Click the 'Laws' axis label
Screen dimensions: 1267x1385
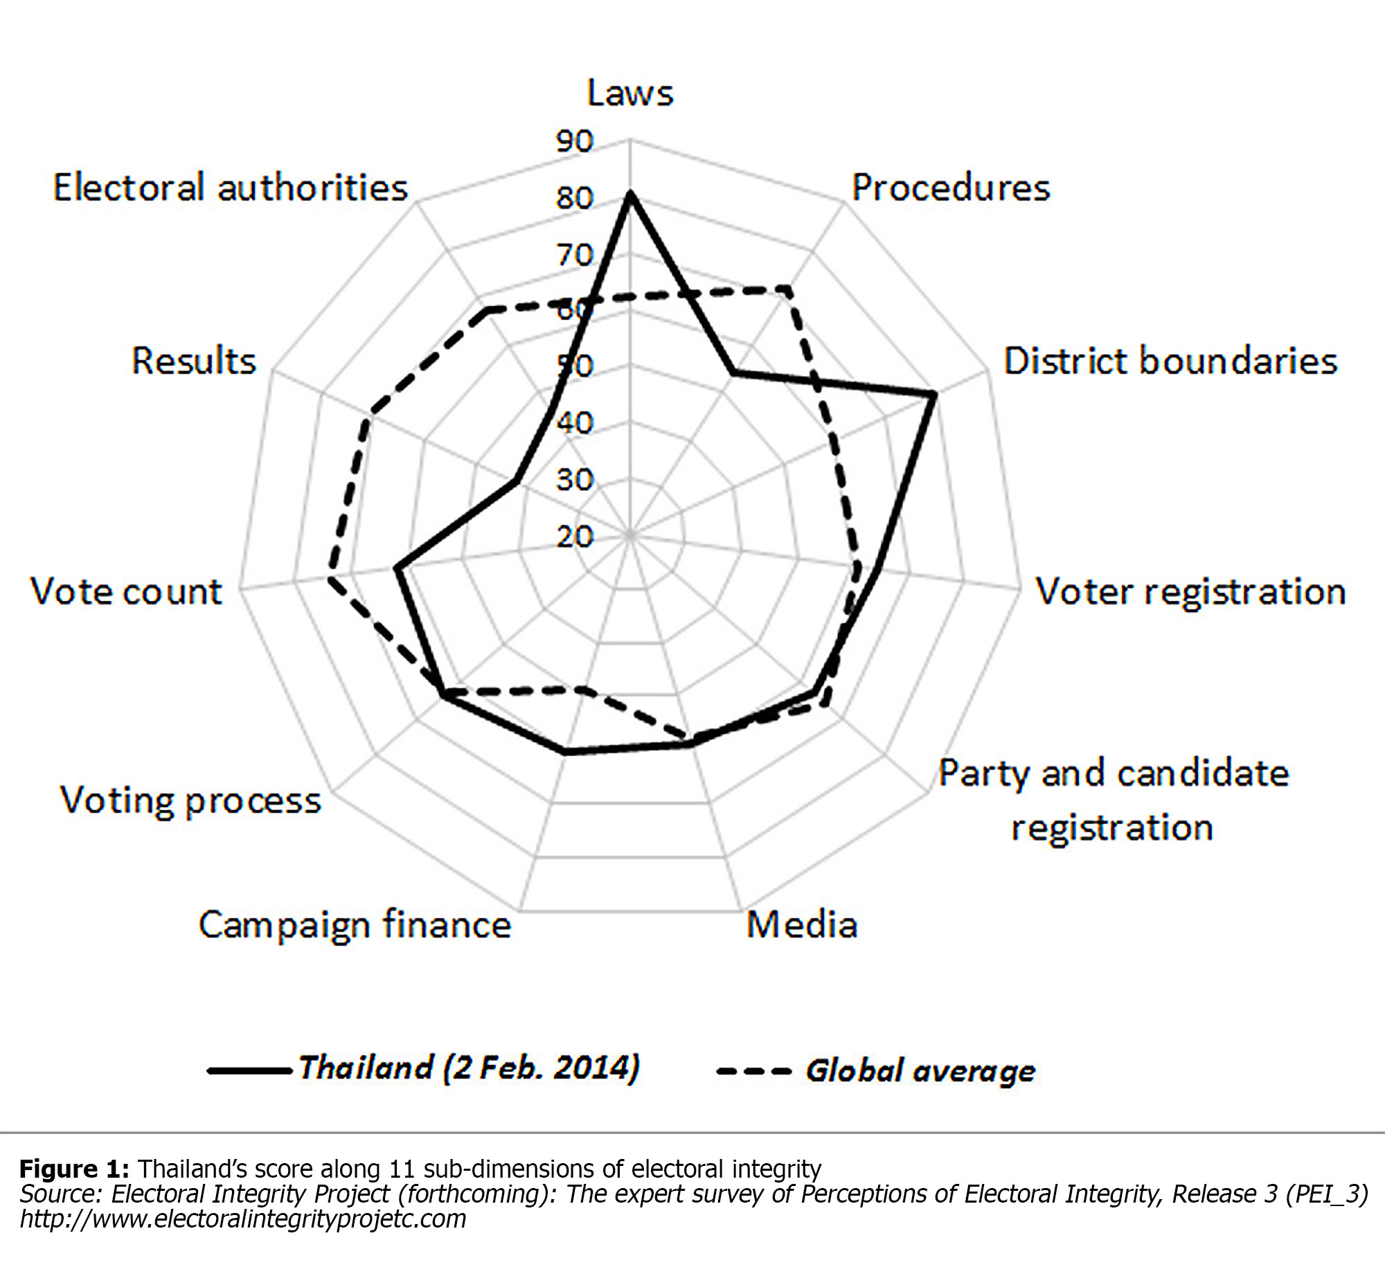tap(629, 93)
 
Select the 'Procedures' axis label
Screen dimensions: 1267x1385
tap(950, 188)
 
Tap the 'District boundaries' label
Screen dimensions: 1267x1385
tap(1170, 361)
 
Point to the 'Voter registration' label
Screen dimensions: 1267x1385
tap(1190, 592)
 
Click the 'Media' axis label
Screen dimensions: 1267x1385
tap(802, 924)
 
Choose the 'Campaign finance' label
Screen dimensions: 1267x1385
tap(355, 925)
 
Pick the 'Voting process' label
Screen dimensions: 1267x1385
tap(190, 800)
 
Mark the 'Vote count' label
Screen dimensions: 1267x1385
tap(126, 592)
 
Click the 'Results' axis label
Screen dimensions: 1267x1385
tap(194, 361)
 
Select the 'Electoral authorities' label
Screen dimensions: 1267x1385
tap(231, 188)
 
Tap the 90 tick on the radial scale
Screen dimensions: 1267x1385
tap(575, 141)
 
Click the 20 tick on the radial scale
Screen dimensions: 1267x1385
tap(575, 537)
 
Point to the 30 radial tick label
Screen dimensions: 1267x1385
tap(575, 480)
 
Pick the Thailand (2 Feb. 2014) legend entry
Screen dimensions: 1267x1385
tap(424, 1068)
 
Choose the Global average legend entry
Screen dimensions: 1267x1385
tap(877, 1070)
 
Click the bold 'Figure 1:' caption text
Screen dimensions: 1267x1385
tap(74, 1169)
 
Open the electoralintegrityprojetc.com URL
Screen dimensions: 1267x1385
tap(242, 1219)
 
